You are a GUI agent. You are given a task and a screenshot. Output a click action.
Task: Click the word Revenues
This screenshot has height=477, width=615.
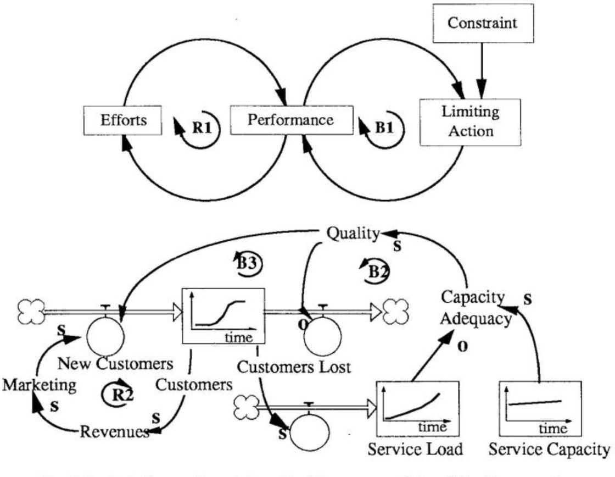115,430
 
